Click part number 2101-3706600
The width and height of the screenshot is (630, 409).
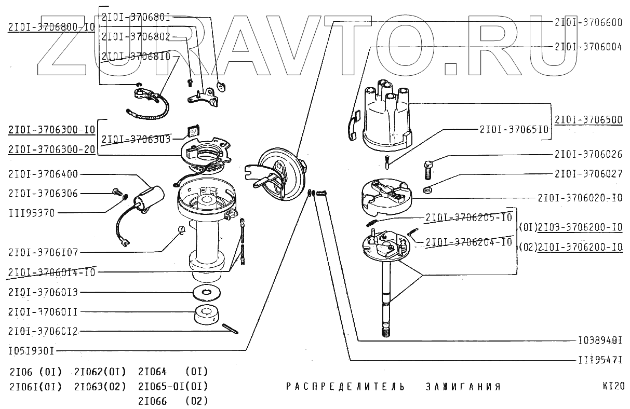pyautogui.click(x=588, y=22)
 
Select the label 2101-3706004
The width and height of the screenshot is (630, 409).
pyautogui.click(x=588, y=46)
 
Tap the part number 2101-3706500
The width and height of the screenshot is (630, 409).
pyautogui.click(x=588, y=120)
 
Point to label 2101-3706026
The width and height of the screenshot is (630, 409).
pyautogui.click(x=588, y=154)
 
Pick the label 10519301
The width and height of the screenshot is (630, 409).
pyautogui.click(x=31, y=350)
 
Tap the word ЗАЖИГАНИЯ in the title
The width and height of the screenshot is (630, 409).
pyautogui.click(x=462, y=387)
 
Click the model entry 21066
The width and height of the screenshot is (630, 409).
pyautogui.click(x=152, y=401)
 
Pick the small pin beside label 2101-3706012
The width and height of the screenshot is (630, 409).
pyautogui.click(x=229, y=330)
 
